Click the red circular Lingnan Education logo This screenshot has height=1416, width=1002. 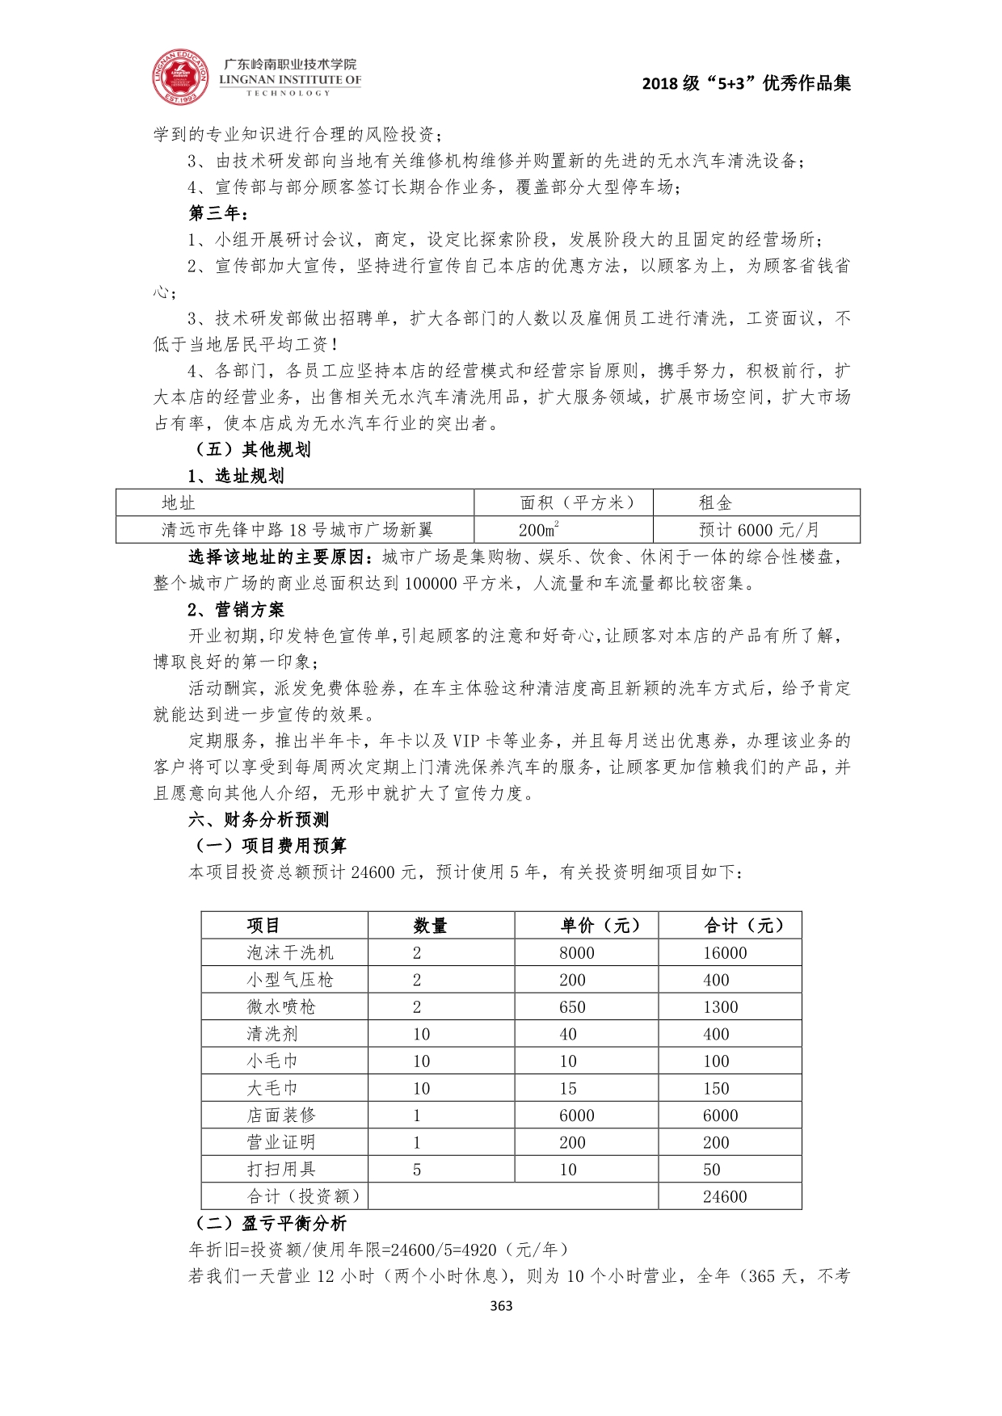point(180,78)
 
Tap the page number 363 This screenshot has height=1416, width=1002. point(501,1305)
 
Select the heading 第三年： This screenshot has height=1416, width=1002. point(219,213)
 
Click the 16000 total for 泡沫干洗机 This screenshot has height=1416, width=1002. point(725,953)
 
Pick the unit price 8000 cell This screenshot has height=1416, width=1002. point(576,953)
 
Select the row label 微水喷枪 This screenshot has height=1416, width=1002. point(280,1007)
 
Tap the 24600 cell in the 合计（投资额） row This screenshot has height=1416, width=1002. point(725,1196)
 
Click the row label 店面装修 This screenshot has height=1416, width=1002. point(280,1116)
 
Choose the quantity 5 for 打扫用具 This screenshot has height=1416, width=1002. point(417,1170)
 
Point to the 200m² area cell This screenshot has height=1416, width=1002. point(539,530)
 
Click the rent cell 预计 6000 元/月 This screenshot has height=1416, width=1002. point(759,530)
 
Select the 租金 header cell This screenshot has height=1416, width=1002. point(715,503)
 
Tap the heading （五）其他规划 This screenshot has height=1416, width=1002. point(252,450)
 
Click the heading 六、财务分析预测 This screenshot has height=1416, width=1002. point(259,820)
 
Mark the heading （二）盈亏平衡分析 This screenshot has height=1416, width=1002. point(271,1223)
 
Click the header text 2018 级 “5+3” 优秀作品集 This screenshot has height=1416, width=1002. point(746,83)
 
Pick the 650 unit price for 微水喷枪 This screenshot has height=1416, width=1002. point(572,1007)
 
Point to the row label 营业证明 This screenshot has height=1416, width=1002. point(280,1142)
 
